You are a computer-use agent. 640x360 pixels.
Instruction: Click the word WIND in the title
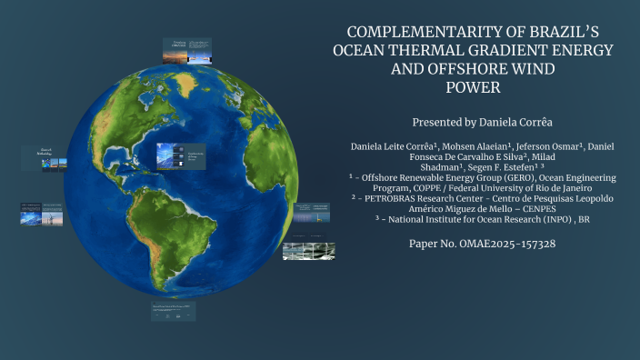[x=529, y=68]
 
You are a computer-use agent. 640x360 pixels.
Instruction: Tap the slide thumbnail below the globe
[x=173, y=312]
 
